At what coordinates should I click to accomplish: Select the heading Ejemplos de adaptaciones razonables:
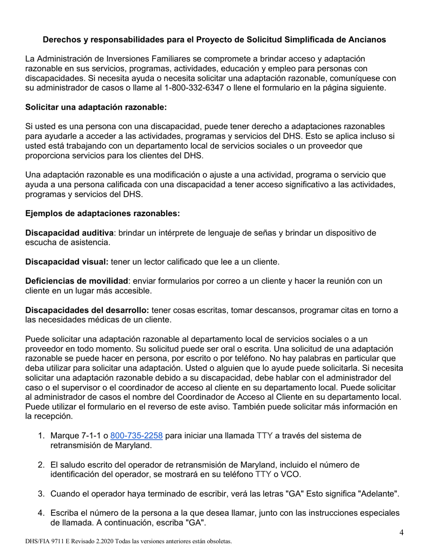pyautogui.click(x=103, y=213)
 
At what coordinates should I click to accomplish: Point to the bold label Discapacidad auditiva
pyautogui.click(x=69, y=233)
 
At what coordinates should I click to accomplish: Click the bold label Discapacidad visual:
pyautogui.click(x=67, y=261)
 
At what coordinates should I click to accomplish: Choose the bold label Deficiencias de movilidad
pyautogui.click(x=77, y=281)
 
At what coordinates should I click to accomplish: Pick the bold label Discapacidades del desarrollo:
pyautogui.click(x=87, y=310)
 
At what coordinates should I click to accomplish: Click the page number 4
pyautogui.click(x=401, y=533)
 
